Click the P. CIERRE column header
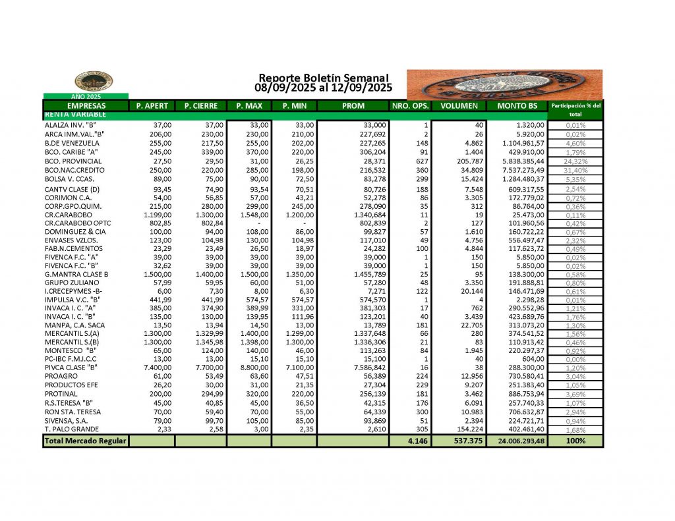pyautogui.click(x=201, y=105)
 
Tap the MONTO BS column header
pyautogui.click(x=517, y=105)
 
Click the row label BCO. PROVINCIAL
pyautogui.click(x=73, y=161)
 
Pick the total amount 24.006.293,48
pyautogui.click(x=517, y=441)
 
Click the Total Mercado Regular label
pyautogui.click(x=86, y=441)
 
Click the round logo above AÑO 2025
pyautogui.click(x=94, y=81)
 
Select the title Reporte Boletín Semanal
pyautogui.click(x=323, y=78)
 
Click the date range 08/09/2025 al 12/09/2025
pyautogui.click(x=323, y=87)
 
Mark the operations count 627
pyautogui.click(x=419, y=161)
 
